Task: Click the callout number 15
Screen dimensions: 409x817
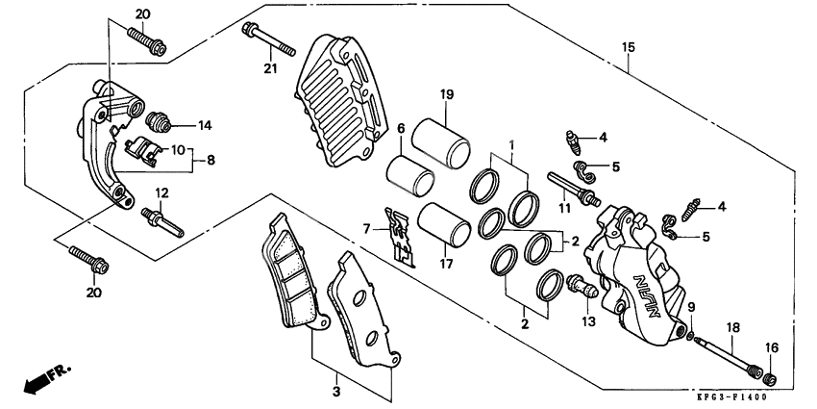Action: point(629,46)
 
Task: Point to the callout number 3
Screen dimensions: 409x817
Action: point(335,393)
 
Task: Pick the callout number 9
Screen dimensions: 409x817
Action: point(691,306)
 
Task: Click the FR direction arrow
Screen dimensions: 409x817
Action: point(41,380)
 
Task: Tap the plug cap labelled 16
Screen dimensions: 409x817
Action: point(768,371)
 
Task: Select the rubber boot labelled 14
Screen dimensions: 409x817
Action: point(157,121)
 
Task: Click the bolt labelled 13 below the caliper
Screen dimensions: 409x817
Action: point(580,284)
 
